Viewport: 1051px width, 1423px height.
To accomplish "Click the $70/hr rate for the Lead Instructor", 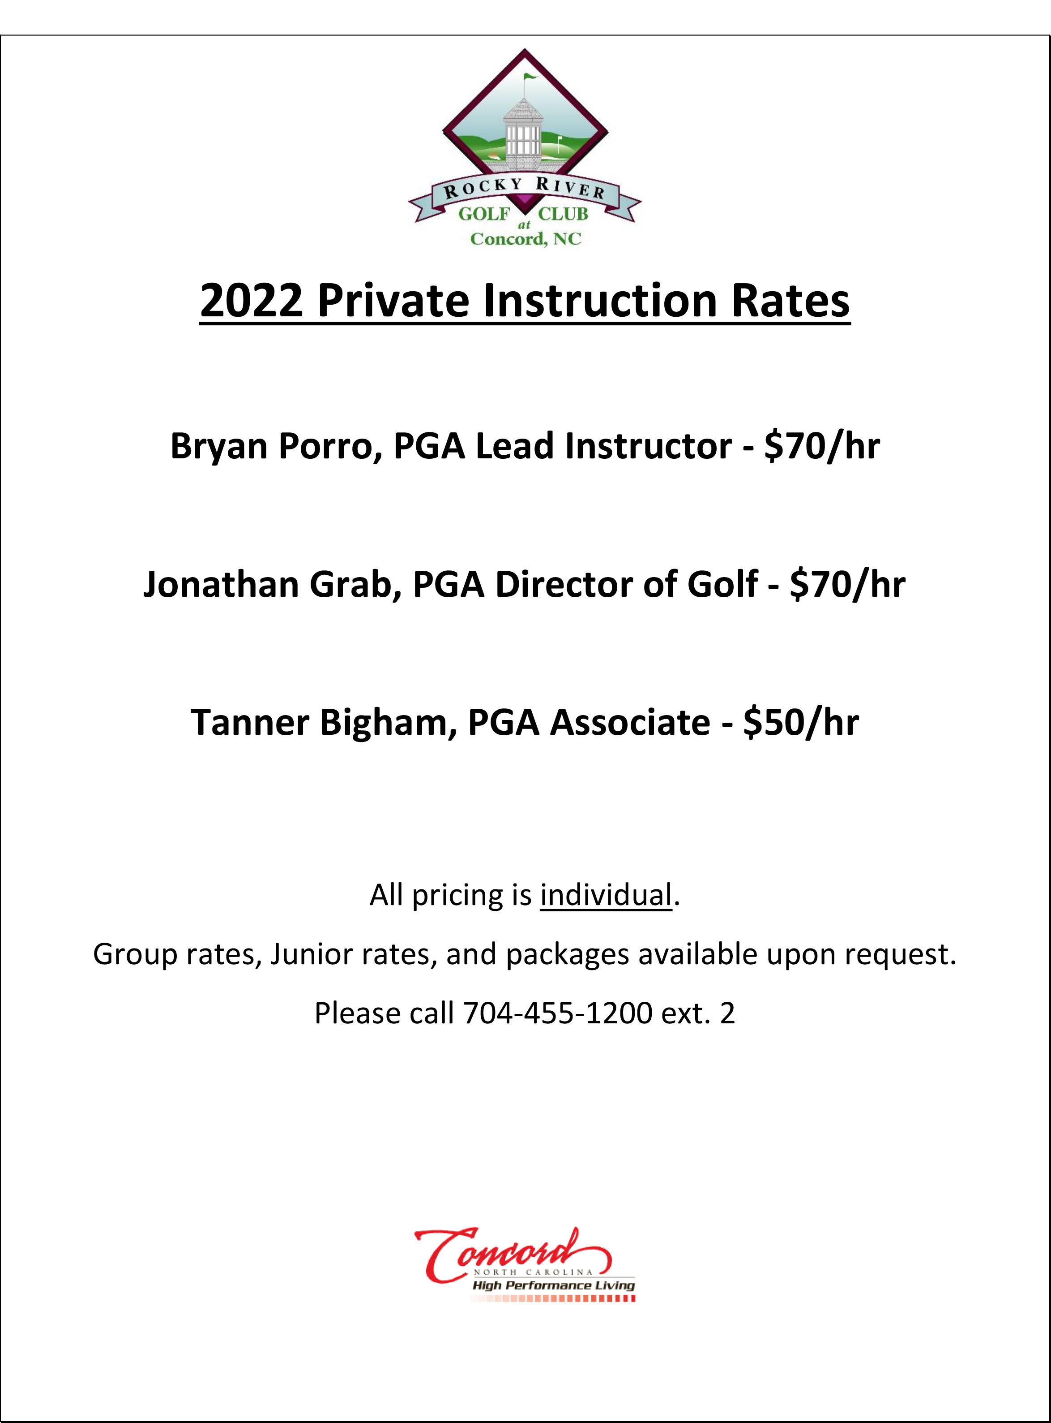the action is pyautogui.click(x=822, y=446).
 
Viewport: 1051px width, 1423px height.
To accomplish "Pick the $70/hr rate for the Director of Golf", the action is pyautogui.click(x=847, y=585).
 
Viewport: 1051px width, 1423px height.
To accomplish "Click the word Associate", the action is pyautogui.click(x=630, y=723).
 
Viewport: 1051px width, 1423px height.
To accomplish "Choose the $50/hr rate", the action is pyautogui.click(x=801, y=723).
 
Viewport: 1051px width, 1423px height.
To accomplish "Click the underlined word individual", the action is pyautogui.click(x=606, y=895).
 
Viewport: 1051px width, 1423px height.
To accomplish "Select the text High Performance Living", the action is pyautogui.click(x=554, y=1285).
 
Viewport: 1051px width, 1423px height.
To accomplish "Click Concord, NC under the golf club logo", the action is pyautogui.click(x=525, y=239).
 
